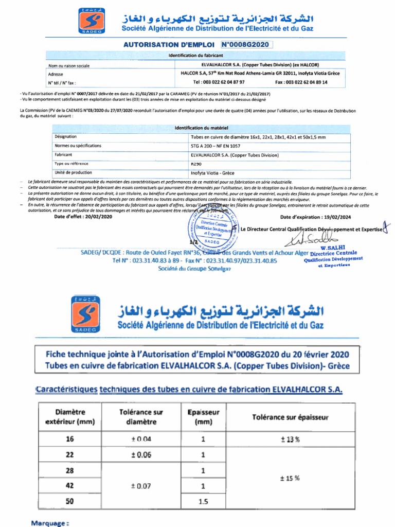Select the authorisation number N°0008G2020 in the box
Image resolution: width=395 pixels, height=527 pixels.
coord(246,45)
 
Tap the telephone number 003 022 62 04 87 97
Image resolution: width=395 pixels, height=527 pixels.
coord(219,82)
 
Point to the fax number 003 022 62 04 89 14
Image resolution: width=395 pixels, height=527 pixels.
coord(301,82)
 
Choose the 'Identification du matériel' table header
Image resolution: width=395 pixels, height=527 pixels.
coord(202,128)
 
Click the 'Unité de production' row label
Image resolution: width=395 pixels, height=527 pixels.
coord(73,172)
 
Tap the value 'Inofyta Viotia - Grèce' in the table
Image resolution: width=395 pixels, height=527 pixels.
coord(212,172)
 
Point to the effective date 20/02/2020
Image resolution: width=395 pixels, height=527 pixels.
coord(83,216)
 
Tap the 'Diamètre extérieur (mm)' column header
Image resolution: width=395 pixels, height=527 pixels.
coord(70,417)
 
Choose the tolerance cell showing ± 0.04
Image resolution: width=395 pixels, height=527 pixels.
coord(141,439)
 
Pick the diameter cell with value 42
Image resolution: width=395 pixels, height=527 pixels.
coord(70,485)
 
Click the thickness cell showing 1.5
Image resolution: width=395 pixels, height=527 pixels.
coord(203,501)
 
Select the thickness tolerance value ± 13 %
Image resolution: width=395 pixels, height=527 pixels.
coord(290,439)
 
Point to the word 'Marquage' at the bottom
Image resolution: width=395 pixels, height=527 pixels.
coord(49,523)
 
